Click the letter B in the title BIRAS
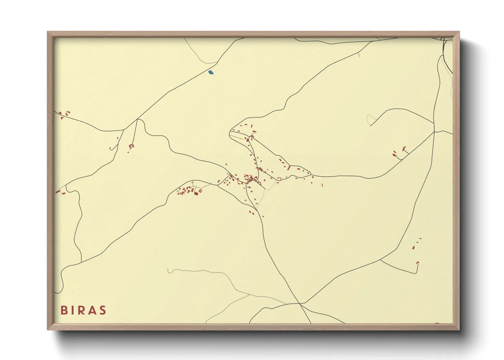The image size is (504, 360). click(x=64, y=310)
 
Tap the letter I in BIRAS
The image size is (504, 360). click(x=73, y=310)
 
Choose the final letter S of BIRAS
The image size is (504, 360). click(x=102, y=310)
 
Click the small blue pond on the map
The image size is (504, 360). click(x=211, y=72)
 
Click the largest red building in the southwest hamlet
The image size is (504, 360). click(x=196, y=193)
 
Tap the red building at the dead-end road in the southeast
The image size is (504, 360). click(x=418, y=263)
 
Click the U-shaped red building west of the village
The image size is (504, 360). click(x=131, y=146)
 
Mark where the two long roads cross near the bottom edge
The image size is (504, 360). click(x=299, y=303)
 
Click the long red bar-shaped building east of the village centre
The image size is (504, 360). click(x=288, y=168)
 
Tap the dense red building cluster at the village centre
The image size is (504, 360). click(x=251, y=178)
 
